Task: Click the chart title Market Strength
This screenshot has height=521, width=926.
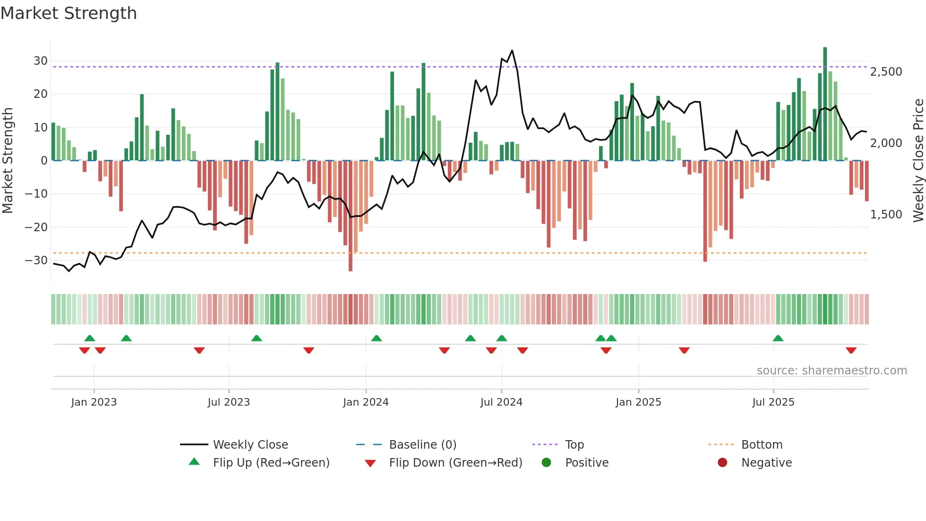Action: click(69, 13)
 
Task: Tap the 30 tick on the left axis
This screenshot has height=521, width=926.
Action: click(40, 61)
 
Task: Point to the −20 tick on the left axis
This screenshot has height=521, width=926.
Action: click(36, 227)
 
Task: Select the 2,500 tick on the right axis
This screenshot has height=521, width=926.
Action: click(886, 72)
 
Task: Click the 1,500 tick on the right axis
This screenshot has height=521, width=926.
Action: click(886, 215)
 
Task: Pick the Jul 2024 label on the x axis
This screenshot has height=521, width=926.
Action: click(501, 402)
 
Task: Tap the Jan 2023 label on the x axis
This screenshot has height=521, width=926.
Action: click(94, 402)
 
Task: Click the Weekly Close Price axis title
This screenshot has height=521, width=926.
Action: click(918, 161)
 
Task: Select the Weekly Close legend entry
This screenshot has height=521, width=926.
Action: click(250, 445)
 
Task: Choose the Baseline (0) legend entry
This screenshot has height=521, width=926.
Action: click(422, 445)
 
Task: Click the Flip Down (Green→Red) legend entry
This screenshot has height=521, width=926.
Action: click(455, 463)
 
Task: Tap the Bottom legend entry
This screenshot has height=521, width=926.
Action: click(762, 445)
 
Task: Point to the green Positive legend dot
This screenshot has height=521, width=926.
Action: click(546, 463)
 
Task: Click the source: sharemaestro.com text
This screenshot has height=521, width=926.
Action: click(832, 371)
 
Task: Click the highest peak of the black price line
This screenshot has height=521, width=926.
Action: click(512, 51)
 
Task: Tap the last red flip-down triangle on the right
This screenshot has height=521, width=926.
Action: click(851, 350)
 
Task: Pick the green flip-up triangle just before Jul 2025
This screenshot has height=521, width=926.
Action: click(778, 338)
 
